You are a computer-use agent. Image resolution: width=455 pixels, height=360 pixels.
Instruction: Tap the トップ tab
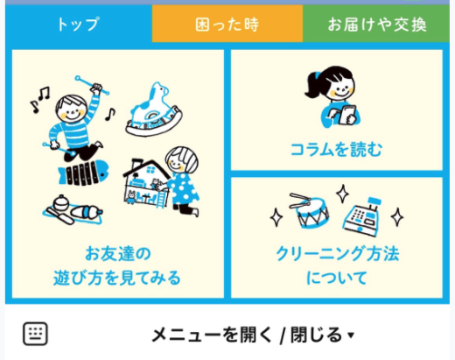[x=78, y=24]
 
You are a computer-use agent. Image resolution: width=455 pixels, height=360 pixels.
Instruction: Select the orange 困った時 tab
[x=227, y=24]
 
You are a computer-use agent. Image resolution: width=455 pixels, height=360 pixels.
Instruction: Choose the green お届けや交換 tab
[x=376, y=24]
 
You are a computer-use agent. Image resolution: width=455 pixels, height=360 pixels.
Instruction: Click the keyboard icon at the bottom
[x=35, y=334]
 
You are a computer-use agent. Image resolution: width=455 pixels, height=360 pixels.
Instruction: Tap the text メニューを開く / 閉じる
[x=247, y=335]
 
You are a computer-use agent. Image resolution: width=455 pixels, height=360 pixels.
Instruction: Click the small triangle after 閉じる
[x=351, y=335]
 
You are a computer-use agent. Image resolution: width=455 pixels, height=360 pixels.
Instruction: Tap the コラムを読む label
[x=336, y=150]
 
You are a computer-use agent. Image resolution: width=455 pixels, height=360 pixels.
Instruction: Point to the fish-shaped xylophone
[x=84, y=173]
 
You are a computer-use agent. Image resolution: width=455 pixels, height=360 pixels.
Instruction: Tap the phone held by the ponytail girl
[x=347, y=115]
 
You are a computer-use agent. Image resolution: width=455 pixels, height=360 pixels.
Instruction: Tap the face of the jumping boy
[x=72, y=110]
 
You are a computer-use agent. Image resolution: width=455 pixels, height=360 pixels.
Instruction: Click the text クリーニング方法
[x=337, y=253]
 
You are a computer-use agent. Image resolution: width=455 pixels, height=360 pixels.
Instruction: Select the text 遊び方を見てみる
[x=117, y=278]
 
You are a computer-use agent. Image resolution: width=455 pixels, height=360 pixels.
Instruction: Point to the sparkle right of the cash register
[x=397, y=217]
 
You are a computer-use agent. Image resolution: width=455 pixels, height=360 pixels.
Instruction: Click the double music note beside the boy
[x=45, y=93]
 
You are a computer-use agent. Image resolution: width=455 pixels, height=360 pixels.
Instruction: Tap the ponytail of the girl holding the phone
[x=314, y=86]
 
